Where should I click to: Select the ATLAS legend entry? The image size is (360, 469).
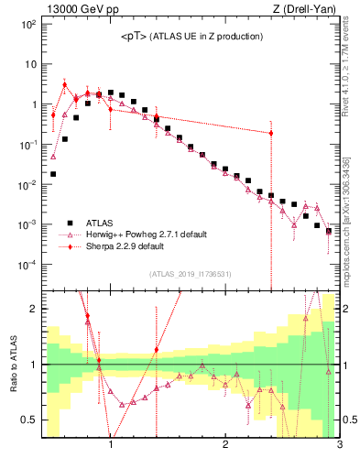[x=100, y=222]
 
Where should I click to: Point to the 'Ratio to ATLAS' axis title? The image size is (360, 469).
[x=14, y=365]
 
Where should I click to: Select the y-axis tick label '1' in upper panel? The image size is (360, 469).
[x=33, y=104]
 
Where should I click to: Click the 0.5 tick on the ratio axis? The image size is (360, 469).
[x=28, y=420]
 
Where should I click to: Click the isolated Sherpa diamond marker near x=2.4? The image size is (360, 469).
[x=271, y=133]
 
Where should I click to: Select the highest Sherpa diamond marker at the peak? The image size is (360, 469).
[x=64, y=85]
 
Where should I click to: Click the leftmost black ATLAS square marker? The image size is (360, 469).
[x=53, y=173]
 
